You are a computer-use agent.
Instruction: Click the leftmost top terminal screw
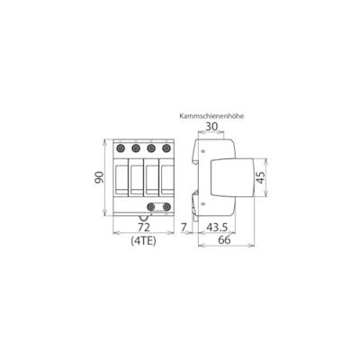tap(121, 149)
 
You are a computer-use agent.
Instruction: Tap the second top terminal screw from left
tap(137, 149)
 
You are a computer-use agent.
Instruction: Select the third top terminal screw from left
tap(151, 149)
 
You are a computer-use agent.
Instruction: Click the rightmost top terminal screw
tap(166, 149)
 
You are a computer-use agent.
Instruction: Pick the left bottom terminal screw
tap(151, 208)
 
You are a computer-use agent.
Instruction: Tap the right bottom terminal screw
tap(166, 208)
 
